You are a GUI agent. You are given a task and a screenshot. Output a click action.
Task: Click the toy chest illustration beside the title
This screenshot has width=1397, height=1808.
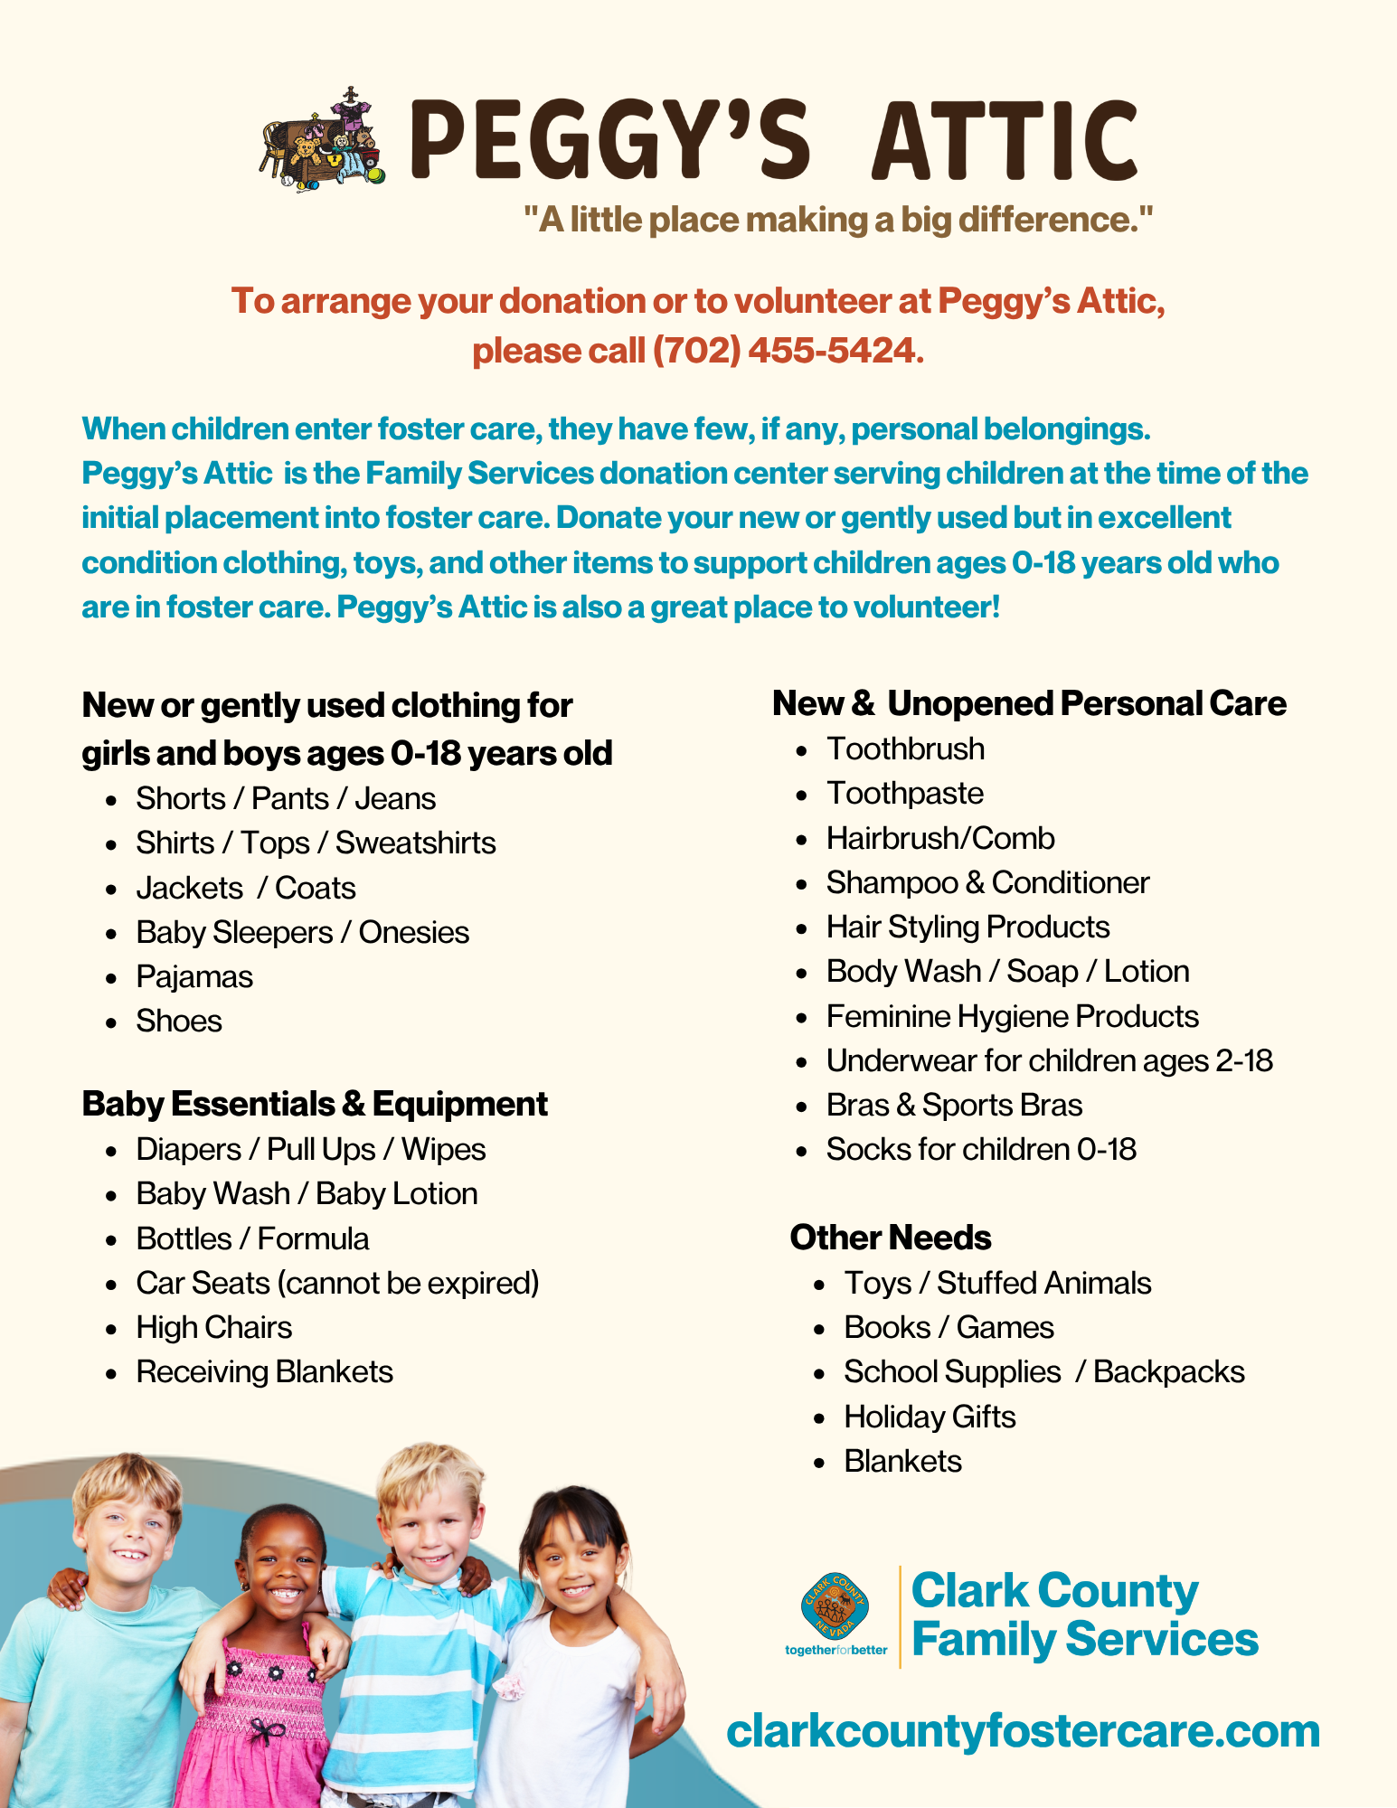point(324,142)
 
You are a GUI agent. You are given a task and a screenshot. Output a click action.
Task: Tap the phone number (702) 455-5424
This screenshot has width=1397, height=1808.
point(784,351)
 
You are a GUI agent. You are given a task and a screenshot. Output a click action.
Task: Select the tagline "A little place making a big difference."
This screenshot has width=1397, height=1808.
point(838,220)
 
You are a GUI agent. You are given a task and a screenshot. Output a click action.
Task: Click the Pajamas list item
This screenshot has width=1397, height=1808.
point(194,977)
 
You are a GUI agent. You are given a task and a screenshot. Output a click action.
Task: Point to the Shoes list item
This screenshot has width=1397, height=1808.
point(179,1022)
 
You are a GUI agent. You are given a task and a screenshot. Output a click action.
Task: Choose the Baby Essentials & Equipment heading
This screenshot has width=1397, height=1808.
point(315,1104)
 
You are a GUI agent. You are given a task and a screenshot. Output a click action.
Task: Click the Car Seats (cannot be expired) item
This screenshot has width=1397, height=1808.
point(337,1284)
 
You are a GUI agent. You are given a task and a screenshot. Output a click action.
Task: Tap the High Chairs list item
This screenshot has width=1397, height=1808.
point(214,1328)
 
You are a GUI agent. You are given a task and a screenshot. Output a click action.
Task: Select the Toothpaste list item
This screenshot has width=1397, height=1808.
point(905,794)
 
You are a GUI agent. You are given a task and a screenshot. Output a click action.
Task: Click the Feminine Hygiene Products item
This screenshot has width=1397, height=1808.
point(1013,1017)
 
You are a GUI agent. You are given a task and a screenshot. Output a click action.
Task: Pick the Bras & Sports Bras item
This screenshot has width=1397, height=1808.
point(954,1106)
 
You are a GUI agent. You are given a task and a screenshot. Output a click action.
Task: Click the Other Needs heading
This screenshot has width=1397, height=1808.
point(891,1238)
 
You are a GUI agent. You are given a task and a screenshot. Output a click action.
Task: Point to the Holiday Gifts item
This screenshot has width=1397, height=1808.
point(930,1417)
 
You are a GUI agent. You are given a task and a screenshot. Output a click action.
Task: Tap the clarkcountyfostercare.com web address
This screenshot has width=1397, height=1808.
point(1023,1730)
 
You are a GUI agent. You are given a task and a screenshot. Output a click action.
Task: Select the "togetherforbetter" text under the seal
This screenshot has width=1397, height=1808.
point(836,1650)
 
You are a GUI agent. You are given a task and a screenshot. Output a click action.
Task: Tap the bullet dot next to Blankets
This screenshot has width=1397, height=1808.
point(819,1462)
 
